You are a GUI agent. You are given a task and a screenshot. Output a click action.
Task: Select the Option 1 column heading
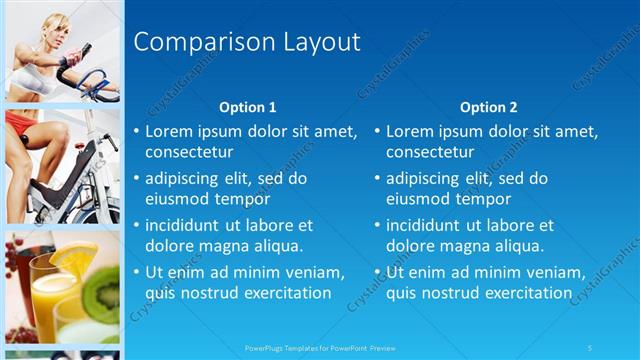pos(247,107)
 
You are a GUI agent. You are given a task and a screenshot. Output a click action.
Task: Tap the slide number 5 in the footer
pos(590,348)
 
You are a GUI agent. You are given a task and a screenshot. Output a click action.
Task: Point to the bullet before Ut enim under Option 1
pos(136,273)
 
